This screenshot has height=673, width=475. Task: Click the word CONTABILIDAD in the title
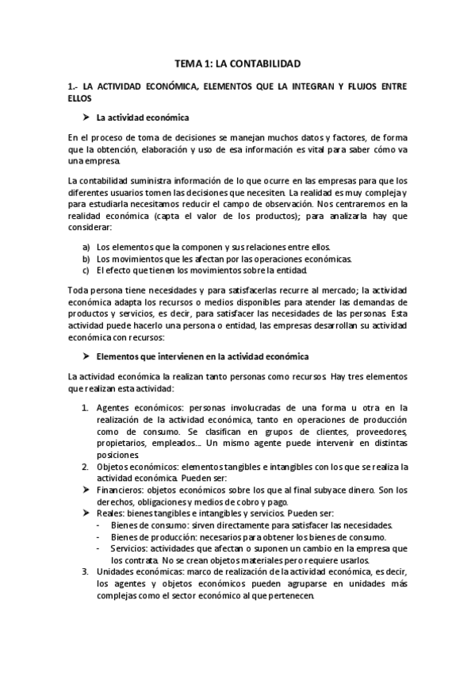(266, 62)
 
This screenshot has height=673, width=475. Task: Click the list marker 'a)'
(86, 247)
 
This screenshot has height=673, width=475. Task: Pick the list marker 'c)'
(86, 269)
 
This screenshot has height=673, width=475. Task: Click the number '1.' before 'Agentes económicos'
(87, 408)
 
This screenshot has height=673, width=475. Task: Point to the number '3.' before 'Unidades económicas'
(87, 571)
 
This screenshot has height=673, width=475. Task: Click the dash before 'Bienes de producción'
(98, 536)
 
